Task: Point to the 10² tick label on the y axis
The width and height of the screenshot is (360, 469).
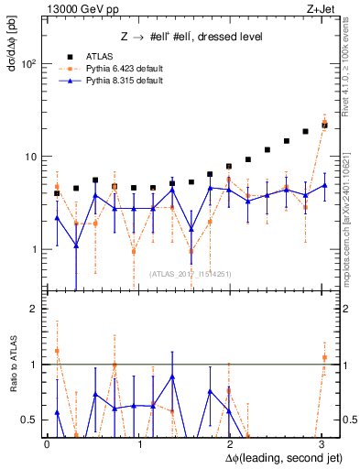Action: coord(28,64)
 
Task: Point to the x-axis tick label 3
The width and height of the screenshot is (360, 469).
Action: coord(322,443)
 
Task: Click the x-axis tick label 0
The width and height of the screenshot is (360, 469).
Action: coord(47,443)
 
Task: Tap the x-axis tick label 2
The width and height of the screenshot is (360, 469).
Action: coord(230,443)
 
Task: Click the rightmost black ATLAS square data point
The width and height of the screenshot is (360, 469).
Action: coord(324,124)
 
